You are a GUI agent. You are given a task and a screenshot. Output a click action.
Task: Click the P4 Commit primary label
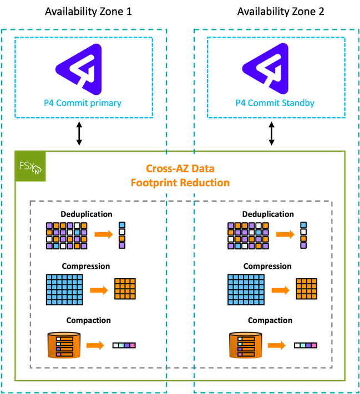83,103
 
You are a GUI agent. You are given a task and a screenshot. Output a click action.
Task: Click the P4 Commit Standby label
275,103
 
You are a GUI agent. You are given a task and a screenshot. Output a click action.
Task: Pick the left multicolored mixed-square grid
67,236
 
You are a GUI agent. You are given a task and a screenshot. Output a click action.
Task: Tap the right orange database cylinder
245,345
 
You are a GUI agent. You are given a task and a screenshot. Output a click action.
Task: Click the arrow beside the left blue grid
99,290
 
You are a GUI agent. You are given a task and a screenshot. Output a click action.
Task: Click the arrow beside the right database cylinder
277,345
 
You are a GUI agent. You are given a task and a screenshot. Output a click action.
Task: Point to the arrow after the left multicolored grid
103,235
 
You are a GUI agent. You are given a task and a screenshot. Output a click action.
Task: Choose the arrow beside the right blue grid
280,290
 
